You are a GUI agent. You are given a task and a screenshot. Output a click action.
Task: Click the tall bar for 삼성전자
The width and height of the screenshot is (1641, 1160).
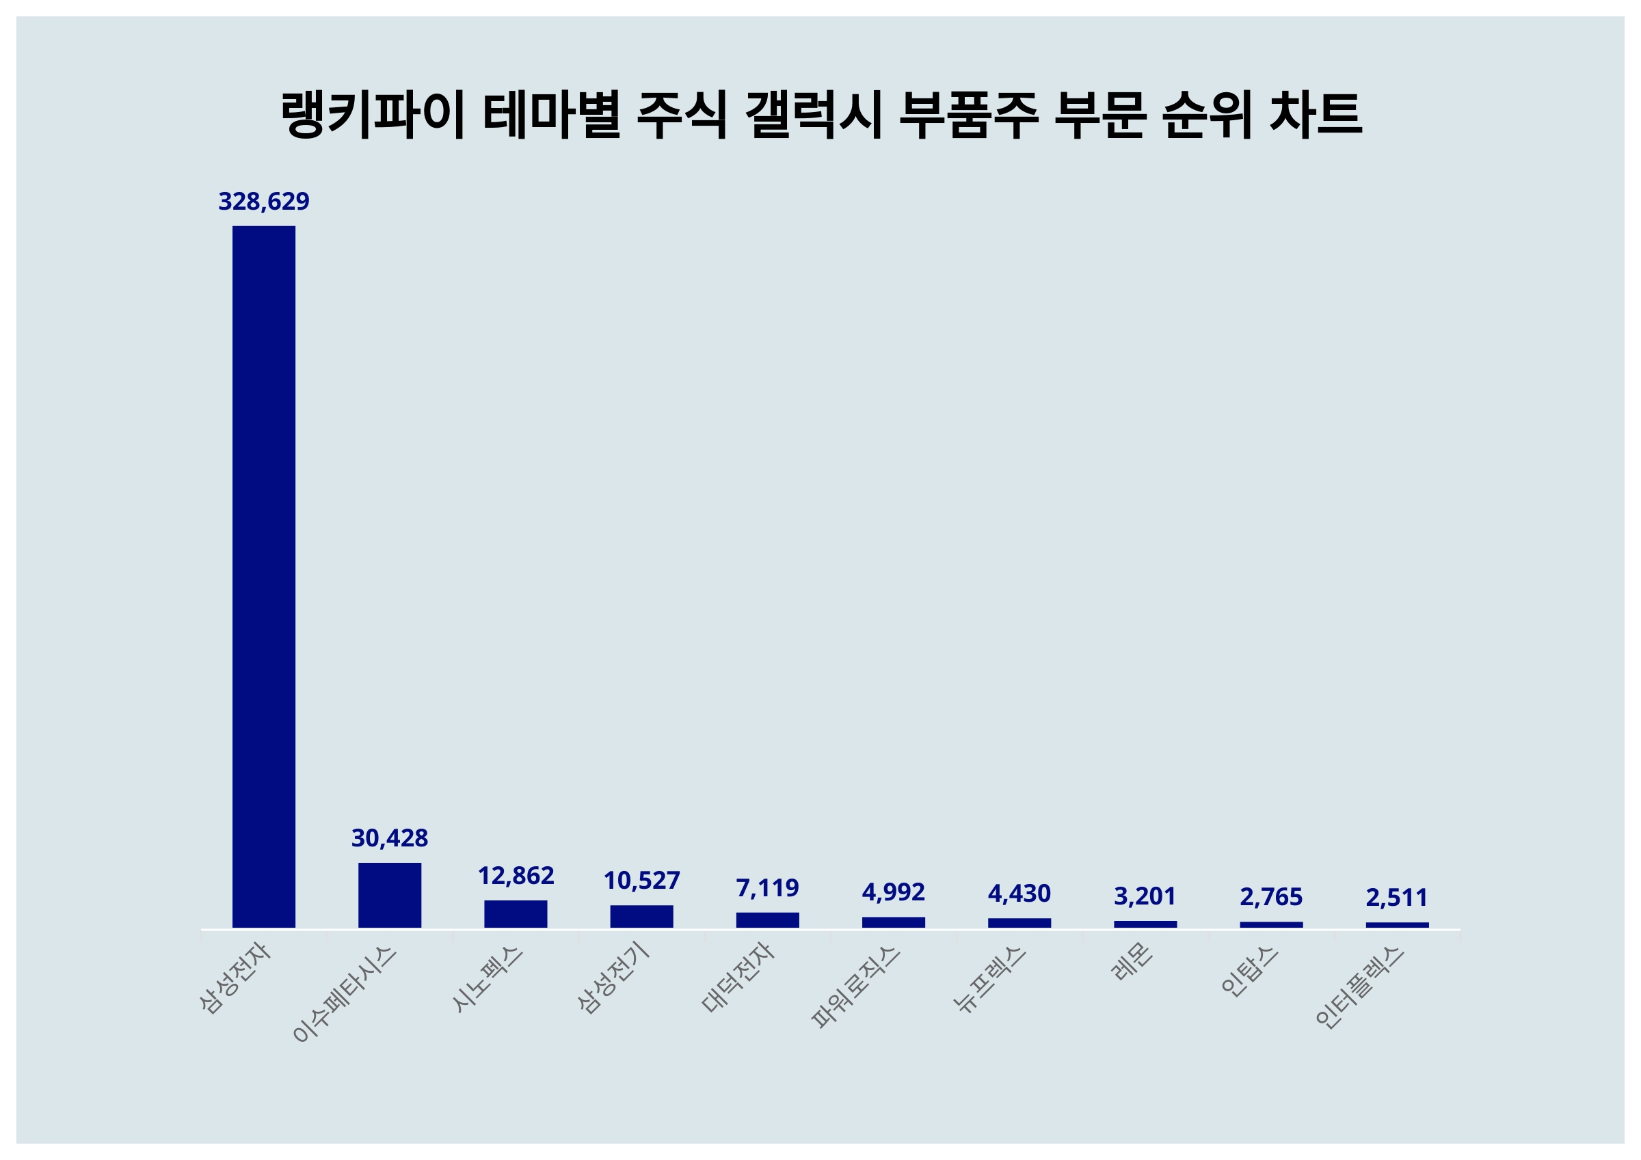pos(264,577)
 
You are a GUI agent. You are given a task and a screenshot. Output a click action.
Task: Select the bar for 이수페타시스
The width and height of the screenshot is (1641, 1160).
pos(390,895)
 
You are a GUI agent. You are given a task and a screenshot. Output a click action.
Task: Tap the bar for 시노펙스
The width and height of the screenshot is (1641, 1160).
pos(516,913)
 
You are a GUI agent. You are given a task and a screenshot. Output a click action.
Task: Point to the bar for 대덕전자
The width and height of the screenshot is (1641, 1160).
pos(767,920)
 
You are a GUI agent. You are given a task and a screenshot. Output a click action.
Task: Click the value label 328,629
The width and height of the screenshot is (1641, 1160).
pos(264,202)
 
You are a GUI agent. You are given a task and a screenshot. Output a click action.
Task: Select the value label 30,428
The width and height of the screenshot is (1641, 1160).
pos(390,838)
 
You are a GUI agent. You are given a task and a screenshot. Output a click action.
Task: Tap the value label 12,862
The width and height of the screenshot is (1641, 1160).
pos(516,875)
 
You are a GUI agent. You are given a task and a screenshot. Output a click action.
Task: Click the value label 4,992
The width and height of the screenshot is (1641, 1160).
pos(893,892)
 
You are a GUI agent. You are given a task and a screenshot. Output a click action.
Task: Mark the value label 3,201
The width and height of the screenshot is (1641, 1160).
pos(1145,896)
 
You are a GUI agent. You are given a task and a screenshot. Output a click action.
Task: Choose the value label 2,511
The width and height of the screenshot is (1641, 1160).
pos(1397,897)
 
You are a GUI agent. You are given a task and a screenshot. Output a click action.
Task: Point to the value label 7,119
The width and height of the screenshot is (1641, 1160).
pos(767,888)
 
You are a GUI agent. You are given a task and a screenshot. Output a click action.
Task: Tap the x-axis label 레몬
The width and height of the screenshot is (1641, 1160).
pos(1132,961)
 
